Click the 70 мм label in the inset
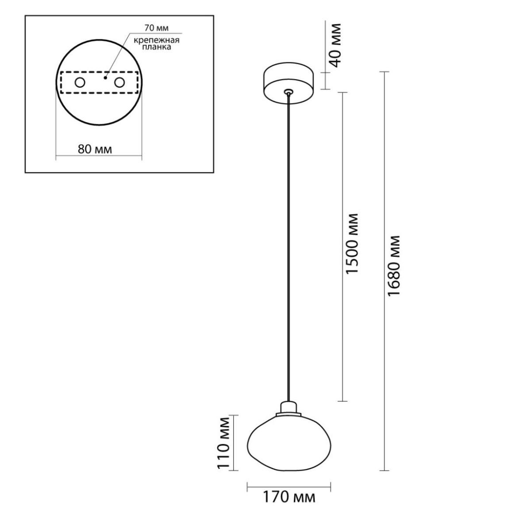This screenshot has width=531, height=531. tap(157, 28)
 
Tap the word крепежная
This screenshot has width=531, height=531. tap(157, 41)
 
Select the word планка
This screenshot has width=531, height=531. tap(157, 47)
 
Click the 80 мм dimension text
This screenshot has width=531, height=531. tap(95, 149)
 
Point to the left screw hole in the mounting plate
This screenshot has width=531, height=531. tap(80, 82)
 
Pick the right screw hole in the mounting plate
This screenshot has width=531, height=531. tap(119, 82)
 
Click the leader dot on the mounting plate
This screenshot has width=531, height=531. tap(105, 78)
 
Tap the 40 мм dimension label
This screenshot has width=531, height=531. tap(335, 46)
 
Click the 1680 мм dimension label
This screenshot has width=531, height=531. tap(393, 266)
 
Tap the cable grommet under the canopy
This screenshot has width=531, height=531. tap(288, 91)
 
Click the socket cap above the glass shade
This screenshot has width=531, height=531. tap(289, 408)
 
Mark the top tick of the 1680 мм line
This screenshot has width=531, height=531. tap(384, 72)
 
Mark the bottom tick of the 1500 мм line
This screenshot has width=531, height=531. tap(342, 401)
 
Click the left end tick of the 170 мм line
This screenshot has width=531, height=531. tap(247, 487)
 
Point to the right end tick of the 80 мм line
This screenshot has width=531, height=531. tap(142, 158)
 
